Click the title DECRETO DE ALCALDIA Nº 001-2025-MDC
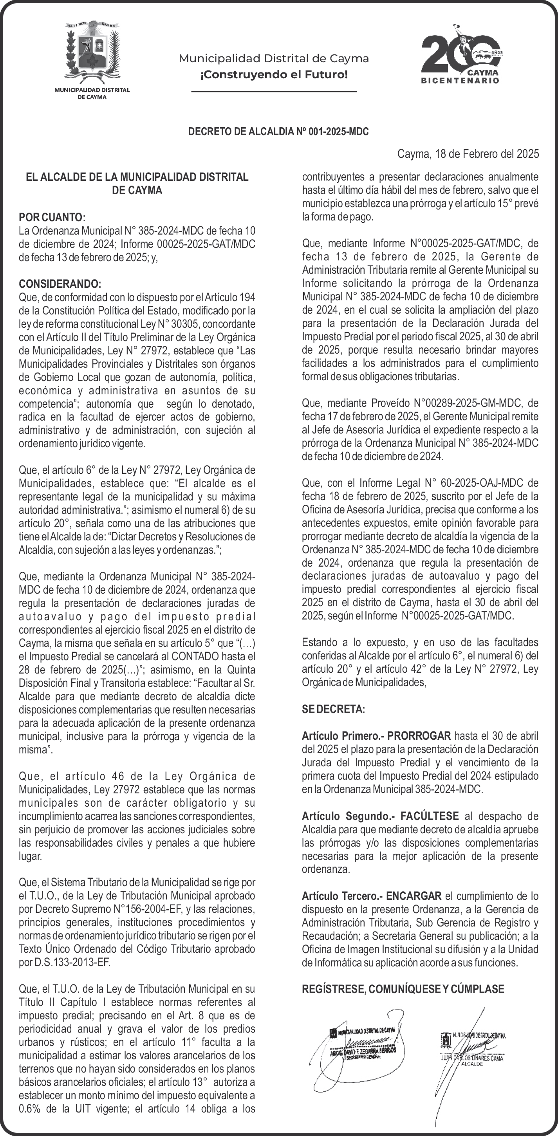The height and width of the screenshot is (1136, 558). (278, 132)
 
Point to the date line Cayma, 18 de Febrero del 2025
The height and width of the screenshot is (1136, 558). (468, 154)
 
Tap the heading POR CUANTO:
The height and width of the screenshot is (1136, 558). (52, 217)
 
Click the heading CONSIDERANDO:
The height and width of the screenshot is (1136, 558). (60, 284)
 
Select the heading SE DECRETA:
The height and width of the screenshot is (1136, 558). (334, 710)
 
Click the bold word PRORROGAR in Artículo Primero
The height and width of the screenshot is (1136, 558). (419, 736)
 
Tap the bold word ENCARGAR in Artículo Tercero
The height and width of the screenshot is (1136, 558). (414, 896)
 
